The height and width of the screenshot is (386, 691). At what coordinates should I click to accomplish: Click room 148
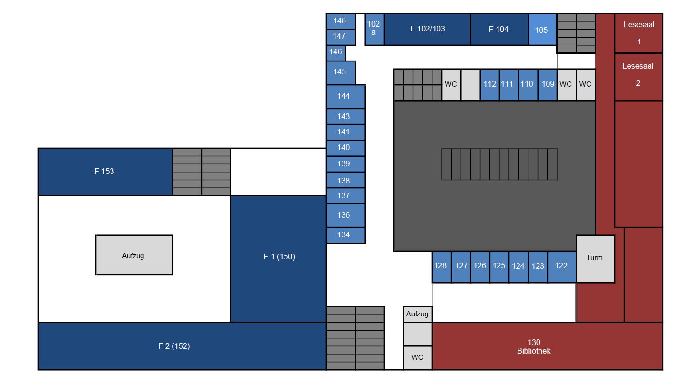340,21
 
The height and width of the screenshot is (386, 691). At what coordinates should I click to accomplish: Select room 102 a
374,29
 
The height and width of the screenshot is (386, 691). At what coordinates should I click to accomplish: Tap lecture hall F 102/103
427,29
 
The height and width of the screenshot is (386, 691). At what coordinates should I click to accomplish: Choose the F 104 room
499,29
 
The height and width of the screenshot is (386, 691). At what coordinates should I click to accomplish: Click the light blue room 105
542,30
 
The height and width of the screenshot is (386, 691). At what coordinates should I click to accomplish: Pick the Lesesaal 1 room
639,32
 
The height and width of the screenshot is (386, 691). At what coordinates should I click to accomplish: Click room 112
489,84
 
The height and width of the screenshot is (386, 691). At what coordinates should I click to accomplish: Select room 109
548,84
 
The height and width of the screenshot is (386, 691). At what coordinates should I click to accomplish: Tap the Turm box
595,258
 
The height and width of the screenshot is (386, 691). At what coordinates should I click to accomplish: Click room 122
561,266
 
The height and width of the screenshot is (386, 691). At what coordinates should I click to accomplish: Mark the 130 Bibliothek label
534,346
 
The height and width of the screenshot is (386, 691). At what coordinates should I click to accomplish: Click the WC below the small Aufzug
417,357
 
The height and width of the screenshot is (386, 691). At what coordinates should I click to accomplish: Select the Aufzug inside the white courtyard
133,255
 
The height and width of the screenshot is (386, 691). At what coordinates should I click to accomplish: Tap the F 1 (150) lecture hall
279,257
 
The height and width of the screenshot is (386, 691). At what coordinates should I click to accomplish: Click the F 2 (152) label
174,346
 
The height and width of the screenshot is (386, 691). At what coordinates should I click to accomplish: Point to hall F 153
104,172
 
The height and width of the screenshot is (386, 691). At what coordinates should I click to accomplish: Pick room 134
344,235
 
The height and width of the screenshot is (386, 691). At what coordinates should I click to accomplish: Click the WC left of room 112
451,84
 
